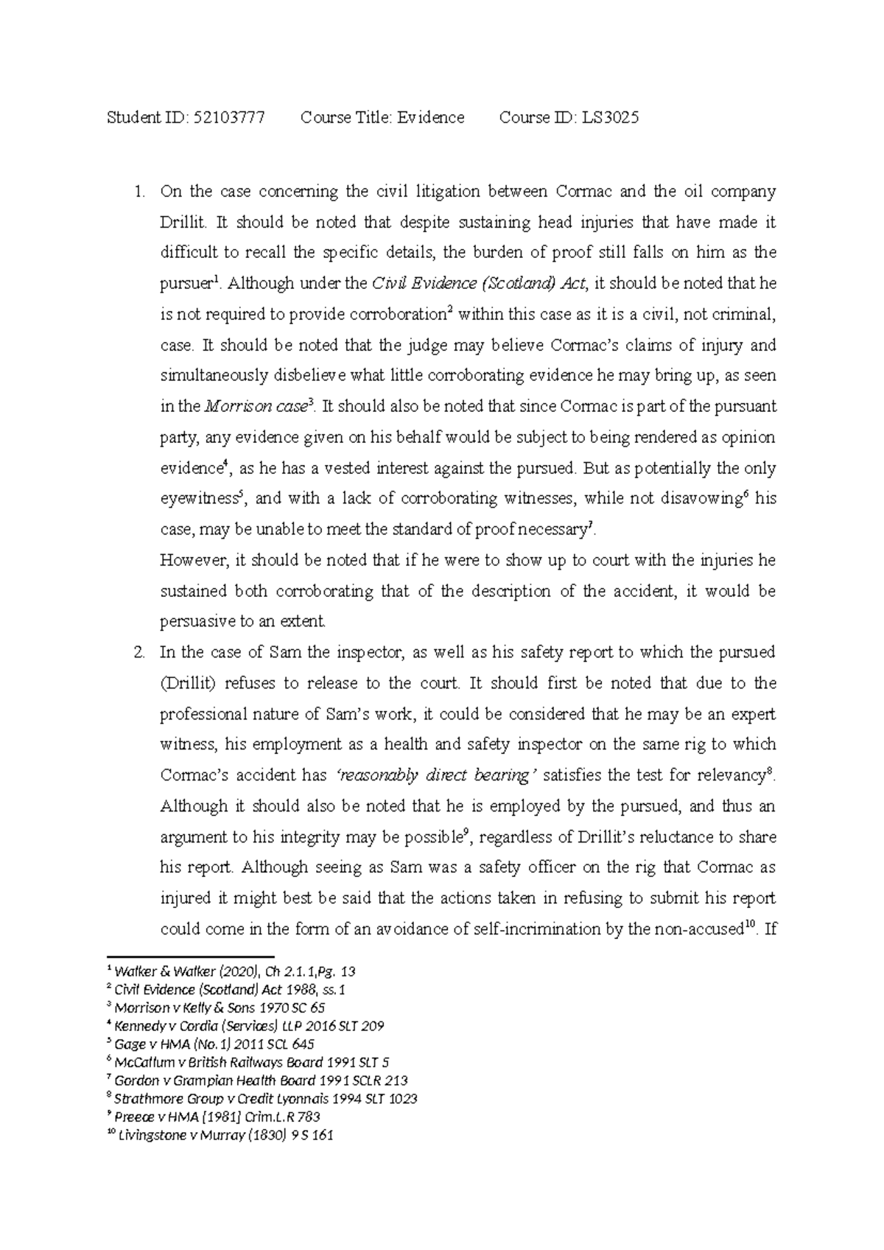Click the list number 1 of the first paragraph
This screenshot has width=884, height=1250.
click(136, 192)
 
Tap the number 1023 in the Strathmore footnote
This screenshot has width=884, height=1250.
click(401, 1099)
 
